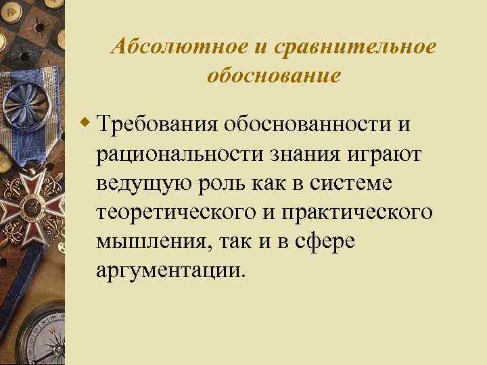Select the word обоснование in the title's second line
click(273, 76)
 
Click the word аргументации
click(168, 271)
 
